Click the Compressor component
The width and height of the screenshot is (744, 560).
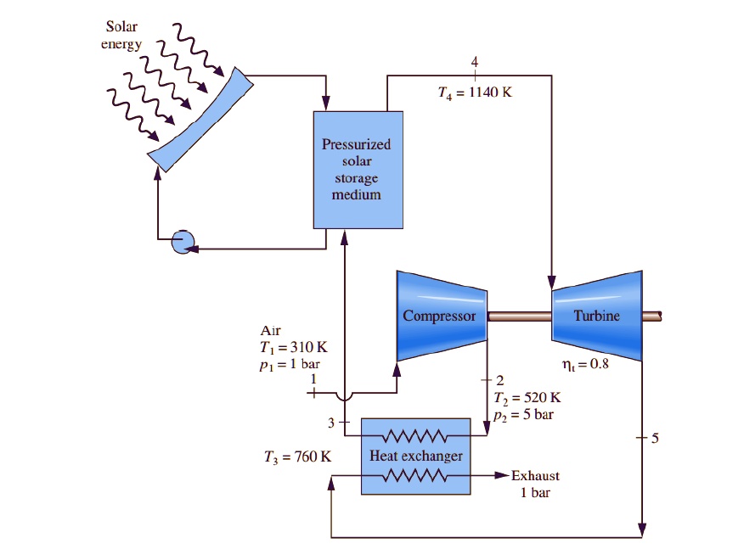[441, 316]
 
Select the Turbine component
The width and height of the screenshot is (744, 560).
[596, 316]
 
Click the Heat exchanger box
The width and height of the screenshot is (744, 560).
[415, 456]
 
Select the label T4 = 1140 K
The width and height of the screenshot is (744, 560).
[474, 92]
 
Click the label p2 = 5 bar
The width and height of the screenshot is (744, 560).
[524, 414]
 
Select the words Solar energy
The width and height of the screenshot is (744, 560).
[122, 36]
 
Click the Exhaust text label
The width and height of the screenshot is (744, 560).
[535, 476]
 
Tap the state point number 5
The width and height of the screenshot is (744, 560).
[654, 438]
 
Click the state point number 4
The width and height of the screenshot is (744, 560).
[475, 62]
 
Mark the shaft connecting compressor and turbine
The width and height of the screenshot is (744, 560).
[520, 316]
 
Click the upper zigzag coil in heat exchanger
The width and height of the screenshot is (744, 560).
[415, 437]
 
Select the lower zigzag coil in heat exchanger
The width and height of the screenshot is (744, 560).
[415, 476]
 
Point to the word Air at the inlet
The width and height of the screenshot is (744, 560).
[271, 330]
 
